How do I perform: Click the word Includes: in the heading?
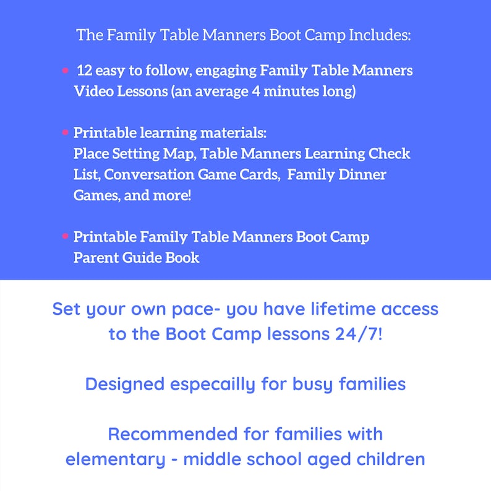tap(380, 35)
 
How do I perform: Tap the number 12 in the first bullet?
tap(85, 70)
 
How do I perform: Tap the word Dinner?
tap(362, 174)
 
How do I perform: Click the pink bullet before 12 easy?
tap(65, 71)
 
